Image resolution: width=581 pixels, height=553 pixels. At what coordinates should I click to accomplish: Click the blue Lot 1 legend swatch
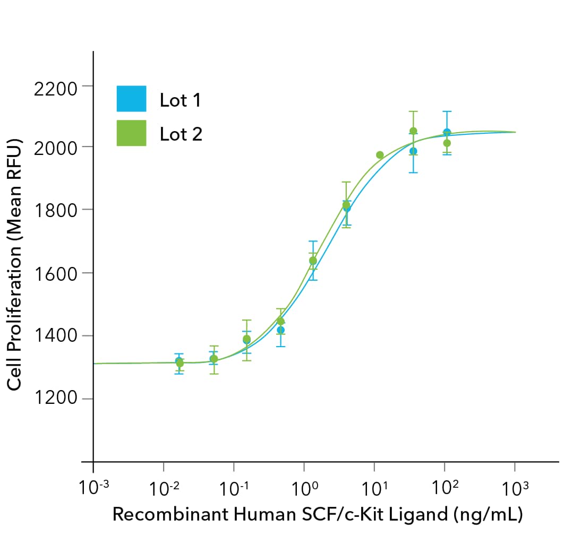(x=131, y=99)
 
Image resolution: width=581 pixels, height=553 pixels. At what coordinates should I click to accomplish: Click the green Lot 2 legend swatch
(x=131, y=133)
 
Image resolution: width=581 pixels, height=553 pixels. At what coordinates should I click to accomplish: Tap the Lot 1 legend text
(x=180, y=100)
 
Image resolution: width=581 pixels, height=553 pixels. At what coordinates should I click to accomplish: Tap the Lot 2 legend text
(x=181, y=134)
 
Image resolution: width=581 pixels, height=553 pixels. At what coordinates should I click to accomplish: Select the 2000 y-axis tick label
(x=56, y=148)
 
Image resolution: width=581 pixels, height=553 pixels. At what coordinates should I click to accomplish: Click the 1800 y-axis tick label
(x=56, y=210)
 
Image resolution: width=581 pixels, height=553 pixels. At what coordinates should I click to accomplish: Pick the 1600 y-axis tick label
(x=56, y=273)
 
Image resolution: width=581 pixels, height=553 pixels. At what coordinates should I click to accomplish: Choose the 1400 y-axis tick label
(x=56, y=336)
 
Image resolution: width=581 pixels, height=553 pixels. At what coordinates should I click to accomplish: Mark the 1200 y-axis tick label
(x=56, y=399)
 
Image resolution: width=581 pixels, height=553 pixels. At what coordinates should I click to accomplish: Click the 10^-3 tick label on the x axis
(x=92, y=488)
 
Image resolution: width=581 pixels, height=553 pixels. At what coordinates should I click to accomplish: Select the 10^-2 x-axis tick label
(x=163, y=488)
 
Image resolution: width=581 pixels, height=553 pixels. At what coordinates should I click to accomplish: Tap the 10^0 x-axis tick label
(x=304, y=488)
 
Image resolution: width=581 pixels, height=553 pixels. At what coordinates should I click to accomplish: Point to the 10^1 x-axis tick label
(x=374, y=488)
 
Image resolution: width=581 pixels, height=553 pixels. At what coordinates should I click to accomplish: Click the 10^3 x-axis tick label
(x=514, y=488)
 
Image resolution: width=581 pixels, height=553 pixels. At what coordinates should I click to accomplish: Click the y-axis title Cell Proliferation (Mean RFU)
(x=14, y=265)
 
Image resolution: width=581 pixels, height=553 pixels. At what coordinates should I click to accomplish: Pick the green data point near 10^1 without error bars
(x=380, y=155)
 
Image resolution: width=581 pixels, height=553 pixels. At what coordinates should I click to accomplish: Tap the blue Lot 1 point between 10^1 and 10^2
(x=413, y=151)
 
